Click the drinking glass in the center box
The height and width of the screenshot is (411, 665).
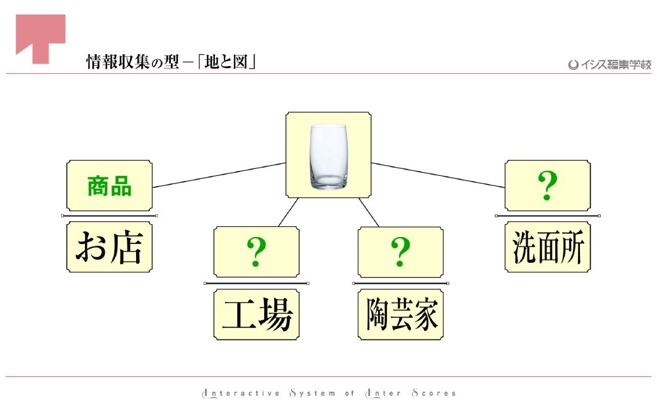tap(328, 156)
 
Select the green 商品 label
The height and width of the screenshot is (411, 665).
tap(110, 186)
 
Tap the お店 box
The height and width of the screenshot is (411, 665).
tap(110, 247)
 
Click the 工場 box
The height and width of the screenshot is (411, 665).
tap(257, 315)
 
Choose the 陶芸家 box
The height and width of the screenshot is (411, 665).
tap(401, 315)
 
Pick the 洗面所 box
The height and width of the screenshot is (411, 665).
tap(548, 247)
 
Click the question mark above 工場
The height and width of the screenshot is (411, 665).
tap(256, 252)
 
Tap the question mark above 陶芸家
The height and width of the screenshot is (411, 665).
tap(400, 252)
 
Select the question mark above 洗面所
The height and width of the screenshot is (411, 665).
tap(548, 185)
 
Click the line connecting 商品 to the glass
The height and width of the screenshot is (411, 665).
tap(219, 175)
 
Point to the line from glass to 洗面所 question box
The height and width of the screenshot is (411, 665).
tap(438, 175)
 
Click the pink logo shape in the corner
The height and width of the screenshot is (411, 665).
tap(41, 38)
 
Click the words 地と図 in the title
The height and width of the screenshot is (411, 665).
tap(226, 62)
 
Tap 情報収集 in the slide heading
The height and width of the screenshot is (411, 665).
tap(118, 62)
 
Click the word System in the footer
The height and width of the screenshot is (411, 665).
tap(313, 393)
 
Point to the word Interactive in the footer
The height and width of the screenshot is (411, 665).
tap(241, 393)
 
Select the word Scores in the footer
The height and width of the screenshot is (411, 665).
tap(434, 393)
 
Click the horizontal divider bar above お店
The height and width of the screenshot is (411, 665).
tap(110, 216)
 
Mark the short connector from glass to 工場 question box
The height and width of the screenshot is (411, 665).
tap(289, 212)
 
